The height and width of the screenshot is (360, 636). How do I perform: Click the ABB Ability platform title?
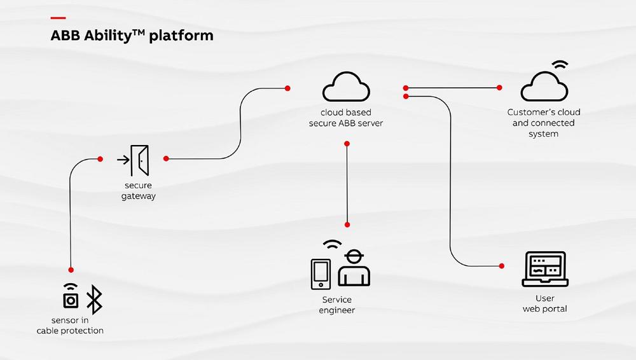coord(132,36)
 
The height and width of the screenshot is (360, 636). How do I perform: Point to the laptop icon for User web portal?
coord(545,270)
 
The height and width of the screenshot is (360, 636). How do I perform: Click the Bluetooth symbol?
coord(94,299)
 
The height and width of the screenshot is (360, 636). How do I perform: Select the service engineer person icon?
coord(354,268)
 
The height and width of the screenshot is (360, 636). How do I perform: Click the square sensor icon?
coord(71,299)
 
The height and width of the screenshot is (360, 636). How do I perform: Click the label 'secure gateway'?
coord(138,191)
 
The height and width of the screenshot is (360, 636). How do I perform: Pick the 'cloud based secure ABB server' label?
coord(346,118)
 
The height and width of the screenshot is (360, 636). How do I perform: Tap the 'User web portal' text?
coord(544,303)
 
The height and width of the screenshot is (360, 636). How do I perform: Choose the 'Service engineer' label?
coord(337,305)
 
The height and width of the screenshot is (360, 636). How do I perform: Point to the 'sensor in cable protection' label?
coord(70,325)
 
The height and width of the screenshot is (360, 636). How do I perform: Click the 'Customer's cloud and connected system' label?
coord(544,123)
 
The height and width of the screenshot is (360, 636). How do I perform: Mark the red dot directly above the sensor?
coord(71,270)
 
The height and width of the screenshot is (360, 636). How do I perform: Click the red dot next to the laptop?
coord(502,265)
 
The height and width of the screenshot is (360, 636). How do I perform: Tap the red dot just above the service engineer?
coord(347,225)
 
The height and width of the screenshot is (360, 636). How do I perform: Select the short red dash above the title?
coord(58,17)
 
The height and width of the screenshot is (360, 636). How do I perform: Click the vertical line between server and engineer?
coord(347,184)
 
